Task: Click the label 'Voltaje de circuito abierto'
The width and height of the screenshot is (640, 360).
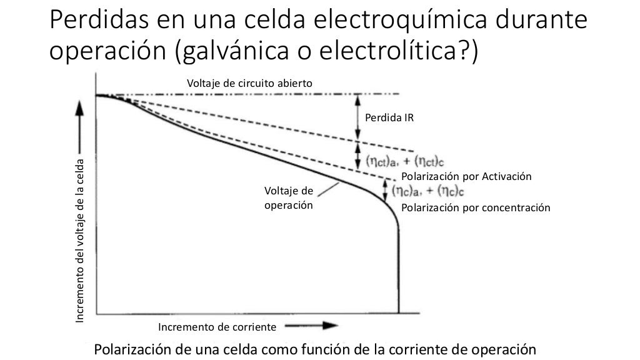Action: [249, 83]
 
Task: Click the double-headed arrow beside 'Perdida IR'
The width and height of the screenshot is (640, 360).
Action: [357, 116]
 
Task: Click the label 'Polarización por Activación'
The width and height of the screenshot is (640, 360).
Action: [466, 177]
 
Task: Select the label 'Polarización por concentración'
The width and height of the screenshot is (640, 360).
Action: [476, 207]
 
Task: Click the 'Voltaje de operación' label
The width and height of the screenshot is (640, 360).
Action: [288, 197]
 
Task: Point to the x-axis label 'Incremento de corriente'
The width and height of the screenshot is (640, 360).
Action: [217, 327]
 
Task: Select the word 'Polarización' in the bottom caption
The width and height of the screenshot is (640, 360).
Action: [135, 349]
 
